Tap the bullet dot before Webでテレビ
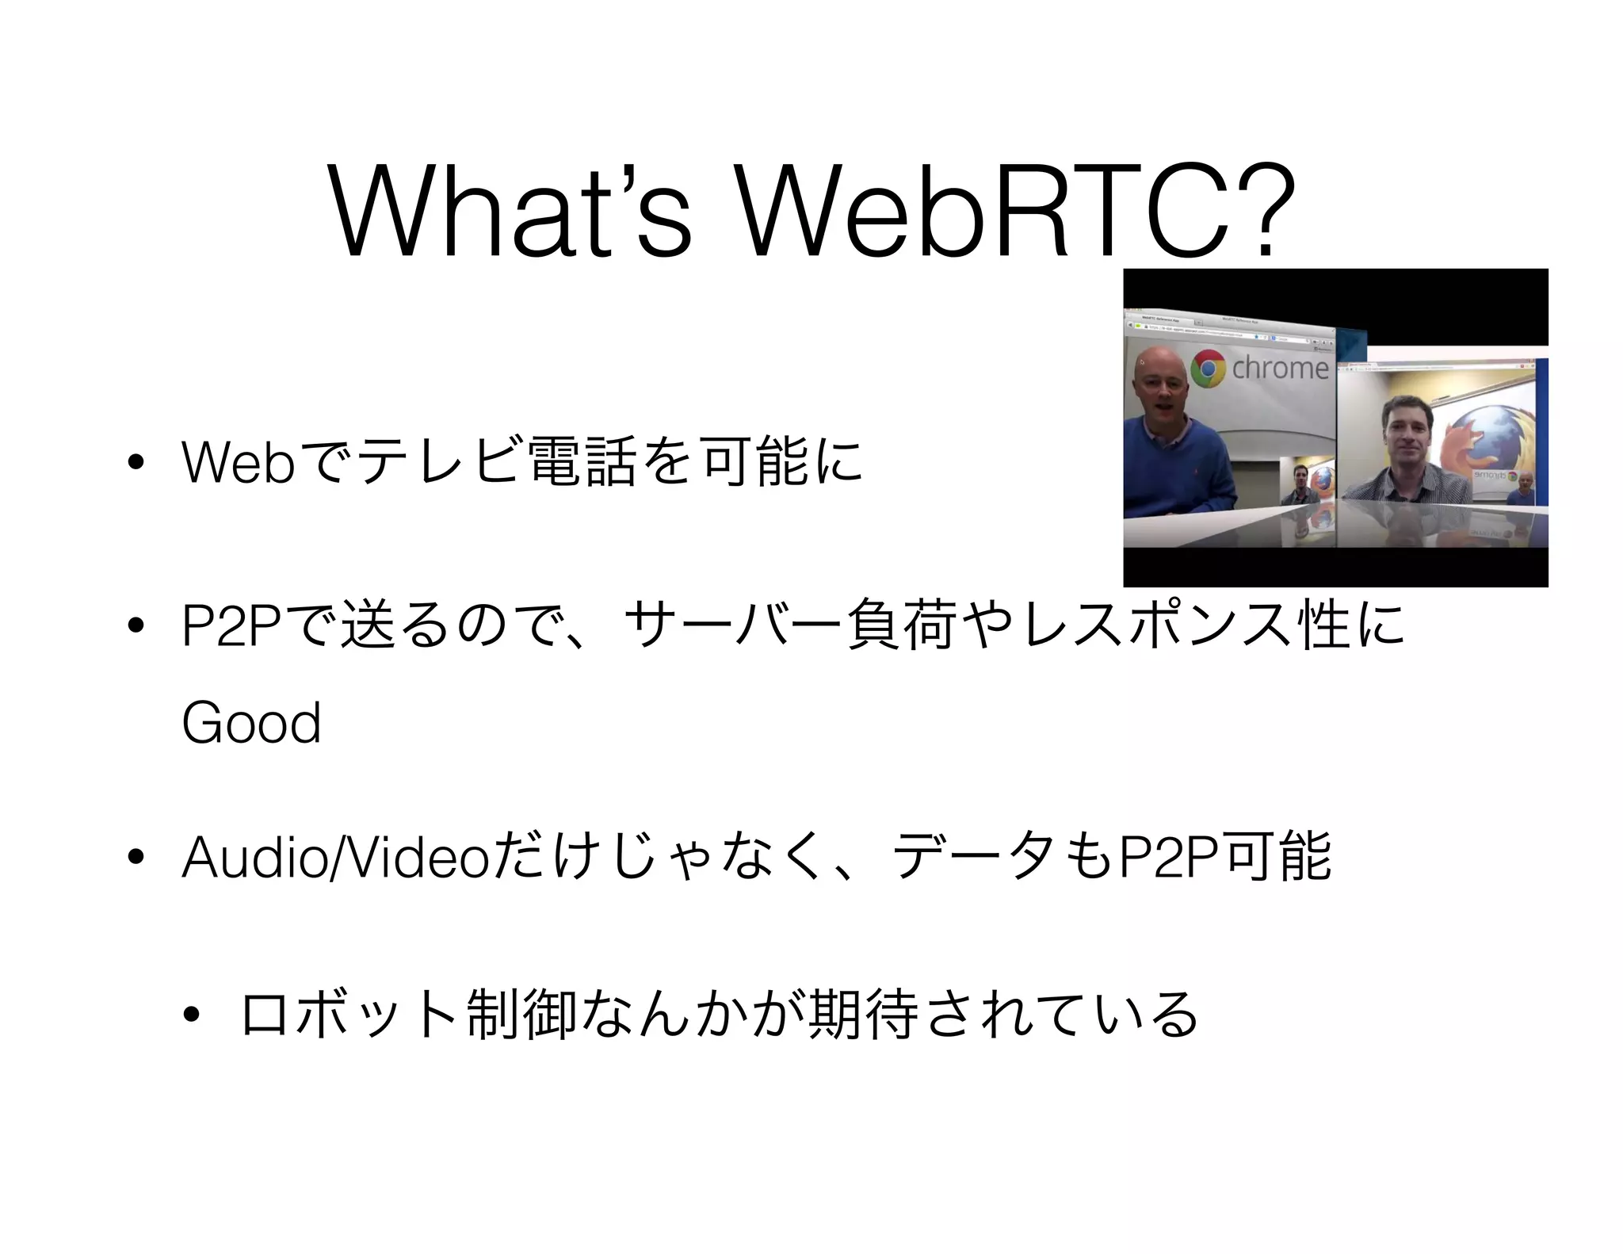[x=136, y=465]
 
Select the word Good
[x=251, y=723]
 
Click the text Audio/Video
[x=336, y=858]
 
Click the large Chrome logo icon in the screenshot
[x=1208, y=369]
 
